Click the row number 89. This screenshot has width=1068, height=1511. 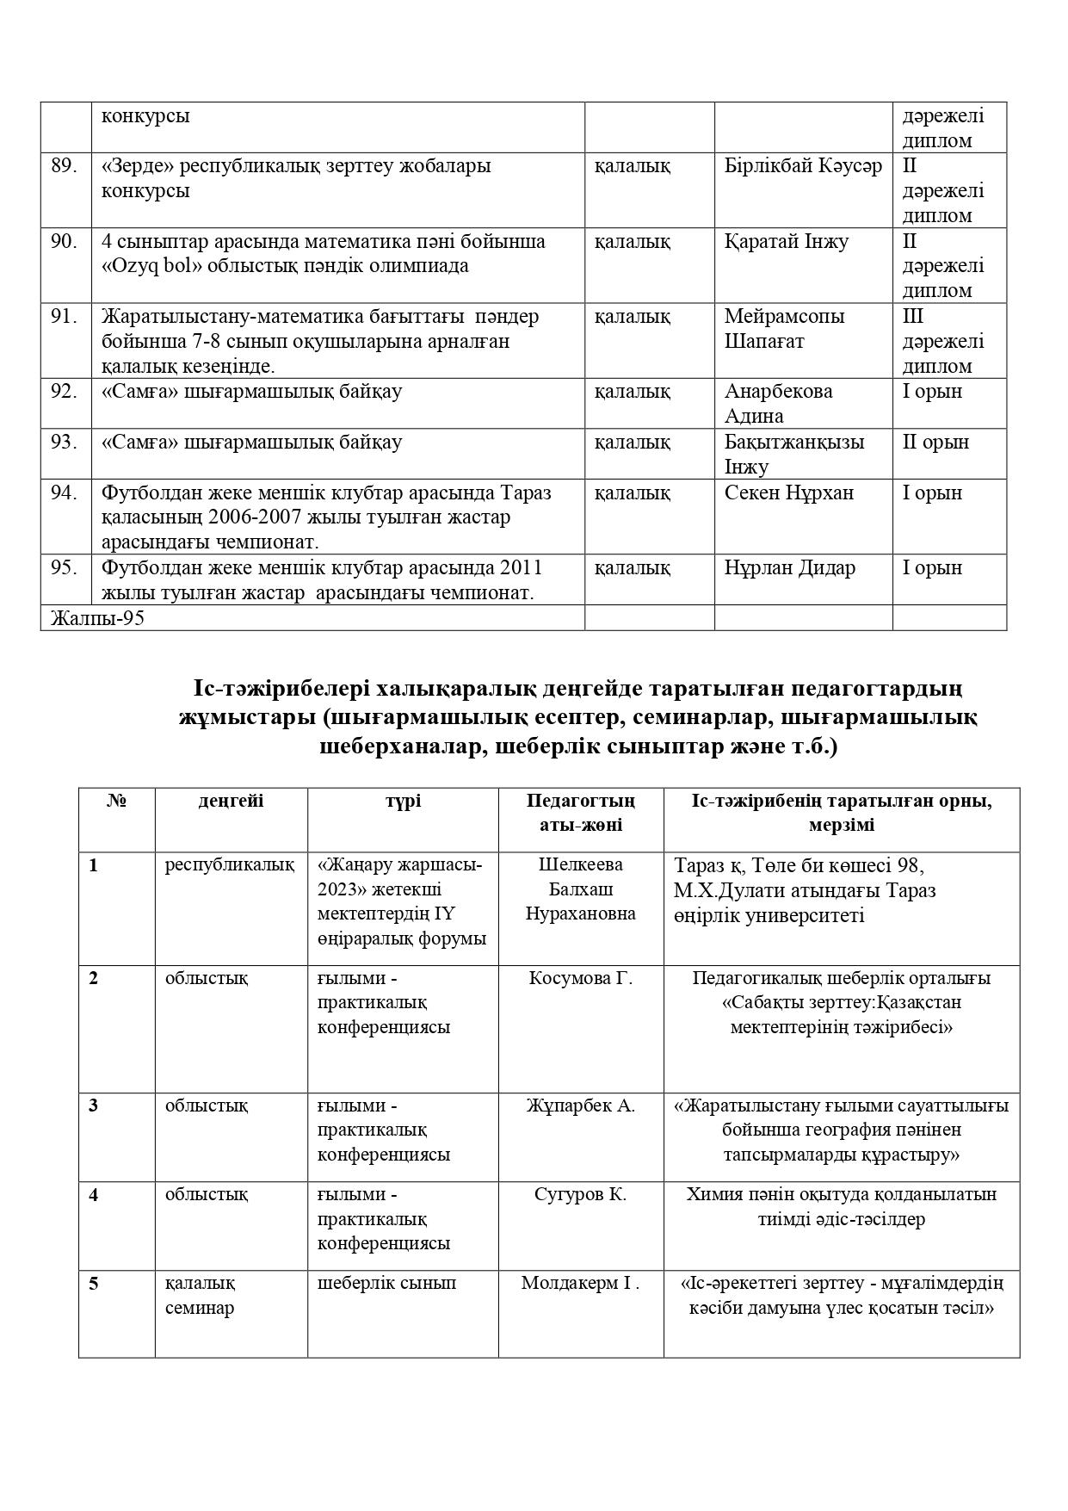pyautogui.click(x=65, y=166)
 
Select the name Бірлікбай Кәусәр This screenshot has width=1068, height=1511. pyautogui.click(x=803, y=166)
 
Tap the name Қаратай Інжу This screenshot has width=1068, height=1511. pyautogui.click(x=787, y=241)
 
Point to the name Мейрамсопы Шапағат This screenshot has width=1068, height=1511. pyautogui.click(x=784, y=329)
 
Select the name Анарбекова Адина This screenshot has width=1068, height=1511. pyautogui.click(x=778, y=403)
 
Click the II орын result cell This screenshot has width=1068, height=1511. pyautogui.click(x=935, y=443)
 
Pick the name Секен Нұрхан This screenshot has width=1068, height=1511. pyautogui.click(x=789, y=493)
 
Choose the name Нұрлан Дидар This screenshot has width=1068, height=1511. pyautogui.click(x=790, y=568)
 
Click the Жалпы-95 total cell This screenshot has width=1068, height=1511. pyautogui.click(x=97, y=618)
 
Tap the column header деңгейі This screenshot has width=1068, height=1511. pyautogui.click(x=231, y=801)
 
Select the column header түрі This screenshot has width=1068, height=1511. pyautogui.click(x=403, y=801)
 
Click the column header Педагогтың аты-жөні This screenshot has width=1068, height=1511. pyautogui.click(x=581, y=813)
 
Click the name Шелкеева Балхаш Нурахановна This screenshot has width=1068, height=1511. pyautogui.click(x=581, y=889)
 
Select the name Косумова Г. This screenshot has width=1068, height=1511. pyautogui.click(x=581, y=978)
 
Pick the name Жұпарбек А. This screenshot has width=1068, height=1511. pyautogui.click(x=581, y=1105)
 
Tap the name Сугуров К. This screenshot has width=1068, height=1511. pyautogui.click(x=581, y=1194)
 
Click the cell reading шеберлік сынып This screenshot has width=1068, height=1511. pyautogui.click(x=386, y=1284)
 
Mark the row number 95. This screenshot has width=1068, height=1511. pyautogui.click(x=65, y=568)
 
